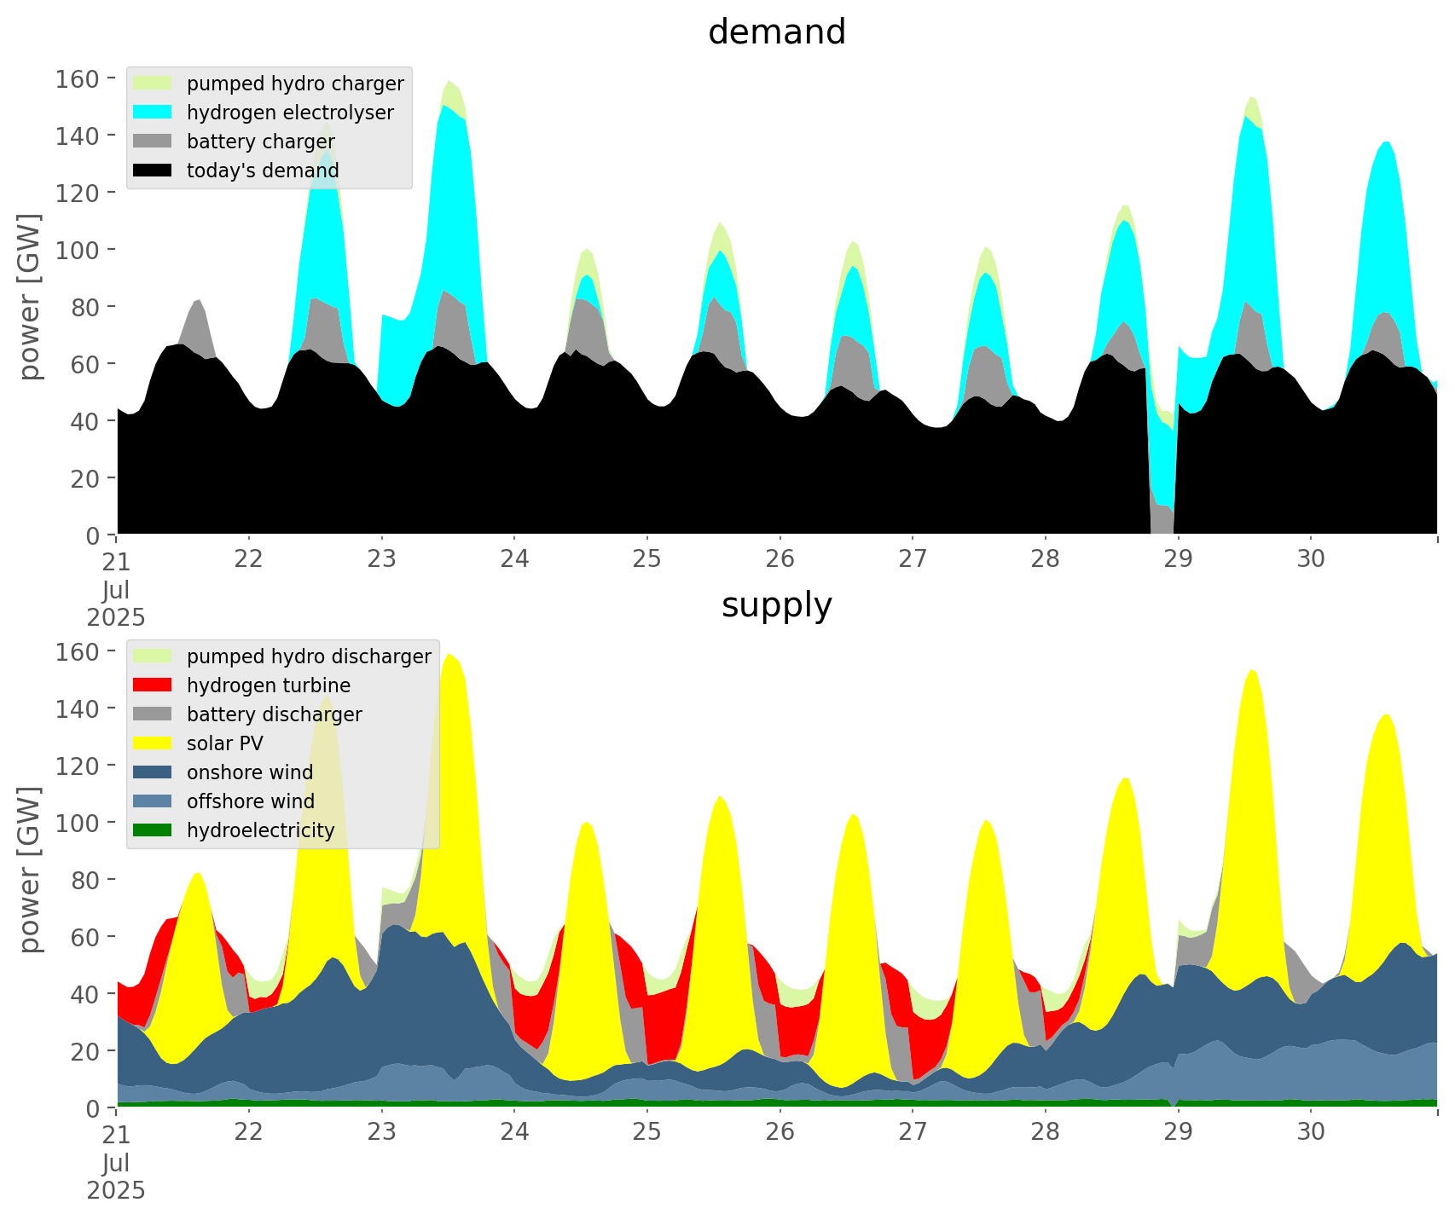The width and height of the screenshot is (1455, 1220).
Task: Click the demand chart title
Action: tap(776, 32)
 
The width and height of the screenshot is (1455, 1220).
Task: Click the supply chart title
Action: tap(776, 605)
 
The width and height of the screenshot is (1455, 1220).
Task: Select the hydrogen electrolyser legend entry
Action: tap(290, 113)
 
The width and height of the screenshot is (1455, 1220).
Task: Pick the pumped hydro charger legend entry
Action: tap(295, 84)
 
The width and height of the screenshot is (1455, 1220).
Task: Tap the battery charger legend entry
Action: tap(260, 142)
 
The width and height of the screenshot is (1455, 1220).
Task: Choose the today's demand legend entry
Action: tap(263, 171)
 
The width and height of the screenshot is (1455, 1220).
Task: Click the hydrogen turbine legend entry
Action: tap(269, 685)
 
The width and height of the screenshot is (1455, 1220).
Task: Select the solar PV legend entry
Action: tap(225, 743)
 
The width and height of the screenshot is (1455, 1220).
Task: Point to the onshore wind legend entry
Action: tap(250, 772)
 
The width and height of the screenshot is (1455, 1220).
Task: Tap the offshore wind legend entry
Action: tap(251, 801)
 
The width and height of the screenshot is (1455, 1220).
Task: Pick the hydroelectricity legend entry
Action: tap(260, 830)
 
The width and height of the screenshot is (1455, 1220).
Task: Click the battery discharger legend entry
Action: tap(274, 714)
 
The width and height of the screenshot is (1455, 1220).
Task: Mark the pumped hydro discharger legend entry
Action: tap(309, 656)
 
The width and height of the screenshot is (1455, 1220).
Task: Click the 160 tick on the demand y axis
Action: tap(78, 79)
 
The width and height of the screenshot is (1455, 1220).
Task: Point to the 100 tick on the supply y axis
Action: tap(78, 823)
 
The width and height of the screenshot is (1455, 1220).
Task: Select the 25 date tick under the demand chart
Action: tap(646, 559)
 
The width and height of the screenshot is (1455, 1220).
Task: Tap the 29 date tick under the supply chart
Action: tap(1178, 1132)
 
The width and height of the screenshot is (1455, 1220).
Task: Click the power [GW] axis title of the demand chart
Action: tap(29, 297)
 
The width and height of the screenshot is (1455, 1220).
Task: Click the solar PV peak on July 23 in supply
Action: tap(449, 655)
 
